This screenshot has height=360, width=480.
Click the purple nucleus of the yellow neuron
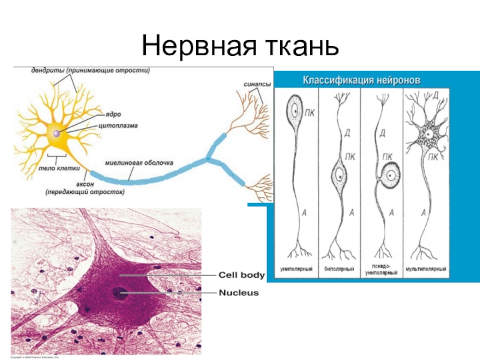tap(56, 133)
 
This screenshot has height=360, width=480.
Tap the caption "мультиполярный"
tap(425, 268)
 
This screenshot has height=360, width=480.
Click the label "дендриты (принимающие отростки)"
tap(90, 70)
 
